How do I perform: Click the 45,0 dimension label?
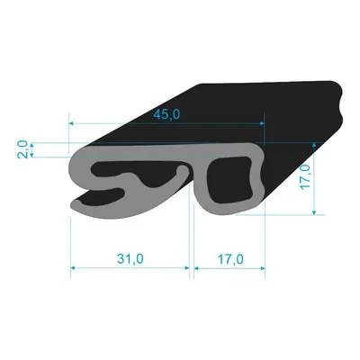pyautogui.click(x=166, y=114)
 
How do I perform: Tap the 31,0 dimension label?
pyautogui.click(x=130, y=259)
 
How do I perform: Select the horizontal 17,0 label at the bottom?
pyautogui.click(x=230, y=259)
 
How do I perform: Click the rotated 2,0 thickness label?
pyautogui.click(x=23, y=149)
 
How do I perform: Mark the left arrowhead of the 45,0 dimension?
pyautogui.click(x=71, y=123)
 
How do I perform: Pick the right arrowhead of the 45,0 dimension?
pyautogui.click(x=262, y=123)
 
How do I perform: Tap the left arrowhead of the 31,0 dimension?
pyautogui.click(x=73, y=268)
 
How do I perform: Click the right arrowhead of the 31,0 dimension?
pyautogui.click(x=187, y=268)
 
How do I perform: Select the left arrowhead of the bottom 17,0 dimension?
pyautogui.click(x=196, y=268)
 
